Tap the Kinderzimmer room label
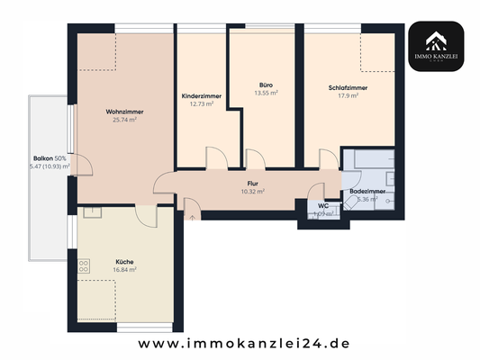click(201, 94)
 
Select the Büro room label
click(264, 85)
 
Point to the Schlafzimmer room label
click(348, 87)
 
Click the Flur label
click(252, 183)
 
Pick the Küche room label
click(124, 260)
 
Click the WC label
click(323, 206)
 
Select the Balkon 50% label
click(49, 158)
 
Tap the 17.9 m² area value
click(348, 95)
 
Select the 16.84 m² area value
click(124, 269)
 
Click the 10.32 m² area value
click(252, 191)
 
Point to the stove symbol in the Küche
click(84, 266)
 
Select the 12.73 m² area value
click(201, 103)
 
